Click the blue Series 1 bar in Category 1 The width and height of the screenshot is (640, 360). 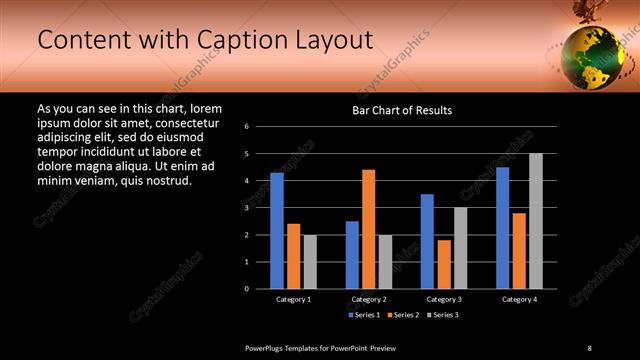[277, 231]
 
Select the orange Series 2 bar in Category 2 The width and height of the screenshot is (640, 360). [368, 229]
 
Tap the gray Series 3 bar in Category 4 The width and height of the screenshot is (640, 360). [535, 221]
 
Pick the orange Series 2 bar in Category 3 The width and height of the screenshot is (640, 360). [443, 264]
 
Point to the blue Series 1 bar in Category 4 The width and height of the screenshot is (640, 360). [502, 228]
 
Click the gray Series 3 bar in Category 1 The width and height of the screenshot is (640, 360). [310, 262]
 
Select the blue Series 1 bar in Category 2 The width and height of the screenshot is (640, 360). [352, 255]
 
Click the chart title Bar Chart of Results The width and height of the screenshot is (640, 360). [401, 110]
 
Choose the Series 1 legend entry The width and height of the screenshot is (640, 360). [362, 315]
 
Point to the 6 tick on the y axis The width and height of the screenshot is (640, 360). [260, 127]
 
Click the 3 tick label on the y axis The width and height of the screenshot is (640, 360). [260, 208]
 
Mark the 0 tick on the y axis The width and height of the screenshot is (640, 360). [260, 289]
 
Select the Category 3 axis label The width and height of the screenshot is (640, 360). [443, 299]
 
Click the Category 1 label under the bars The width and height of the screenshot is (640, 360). [293, 299]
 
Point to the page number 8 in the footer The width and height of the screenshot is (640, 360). [590, 347]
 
